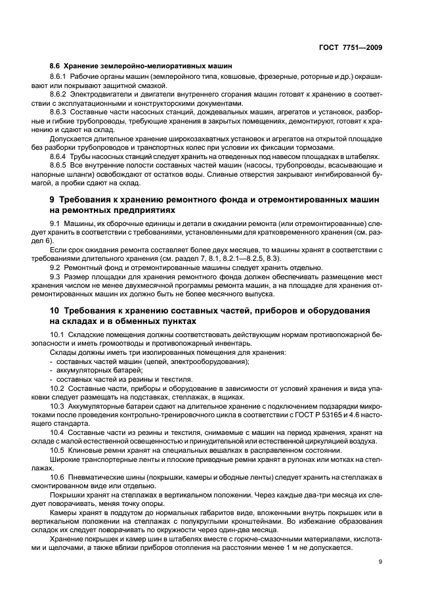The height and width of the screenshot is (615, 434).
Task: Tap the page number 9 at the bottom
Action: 380,561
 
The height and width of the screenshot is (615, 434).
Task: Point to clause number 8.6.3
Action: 60,112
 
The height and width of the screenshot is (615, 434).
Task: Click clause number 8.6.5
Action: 60,164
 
